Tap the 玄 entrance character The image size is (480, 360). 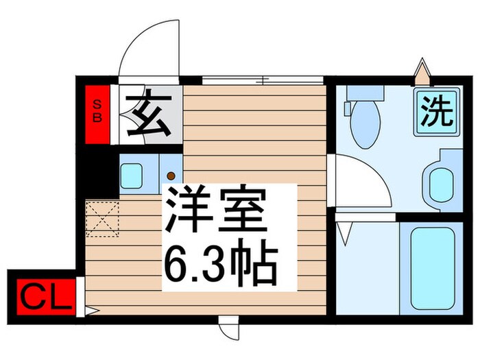[147, 114]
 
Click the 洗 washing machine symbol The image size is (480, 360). [437, 110]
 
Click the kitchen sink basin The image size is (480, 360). [135, 175]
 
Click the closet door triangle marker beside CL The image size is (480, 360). [89, 311]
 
